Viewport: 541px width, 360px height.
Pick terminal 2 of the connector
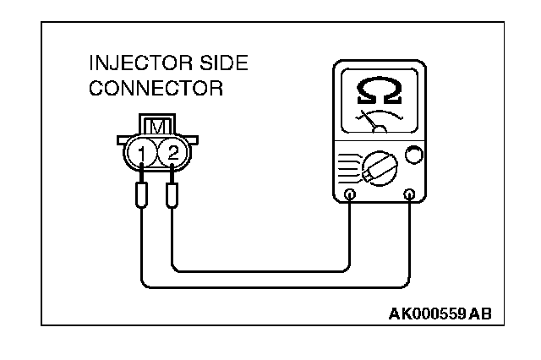tap(172, 153)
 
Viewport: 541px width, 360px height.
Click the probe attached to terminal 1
tap(141, 196)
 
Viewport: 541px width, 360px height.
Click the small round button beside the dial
tap(413, 155)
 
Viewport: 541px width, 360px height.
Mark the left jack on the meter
tap(351, 195)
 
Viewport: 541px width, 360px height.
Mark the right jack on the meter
tap(410, 195)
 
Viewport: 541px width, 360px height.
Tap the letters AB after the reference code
tap(479, 314)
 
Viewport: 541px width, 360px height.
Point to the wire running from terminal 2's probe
tap(254, 271)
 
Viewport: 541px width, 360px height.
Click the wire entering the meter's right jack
tap(410, 245)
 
